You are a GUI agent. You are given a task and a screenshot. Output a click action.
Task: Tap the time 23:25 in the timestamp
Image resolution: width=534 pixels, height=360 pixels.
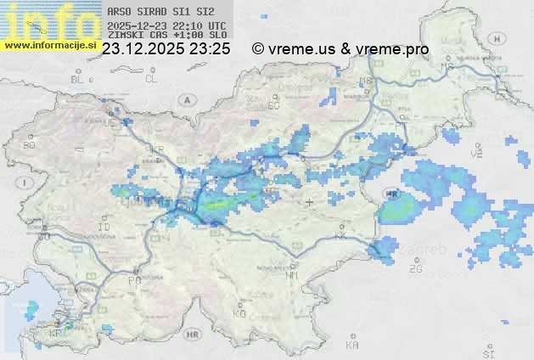[210, 49]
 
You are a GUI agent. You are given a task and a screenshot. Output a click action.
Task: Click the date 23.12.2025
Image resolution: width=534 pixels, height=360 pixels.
[143, 49]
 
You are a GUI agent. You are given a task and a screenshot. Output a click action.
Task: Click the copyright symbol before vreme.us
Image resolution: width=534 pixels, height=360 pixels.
[258, 49]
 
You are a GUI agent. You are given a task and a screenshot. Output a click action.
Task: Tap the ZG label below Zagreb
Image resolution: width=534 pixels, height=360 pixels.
[415, 269]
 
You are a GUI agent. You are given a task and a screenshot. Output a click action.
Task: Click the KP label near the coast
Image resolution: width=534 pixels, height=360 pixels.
[56, 334]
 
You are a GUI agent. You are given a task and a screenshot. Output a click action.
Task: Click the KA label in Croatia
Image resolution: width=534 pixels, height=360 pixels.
[352, 345]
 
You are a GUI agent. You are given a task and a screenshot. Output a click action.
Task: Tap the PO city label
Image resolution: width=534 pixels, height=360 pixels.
[134, 280]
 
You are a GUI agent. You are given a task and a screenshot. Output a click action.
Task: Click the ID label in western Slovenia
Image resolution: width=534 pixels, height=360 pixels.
[104, 228]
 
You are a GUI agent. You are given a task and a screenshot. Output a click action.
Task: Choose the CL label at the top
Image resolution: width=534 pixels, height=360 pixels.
[151, 79]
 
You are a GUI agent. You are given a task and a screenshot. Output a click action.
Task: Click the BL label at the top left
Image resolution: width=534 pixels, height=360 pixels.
[78, 79]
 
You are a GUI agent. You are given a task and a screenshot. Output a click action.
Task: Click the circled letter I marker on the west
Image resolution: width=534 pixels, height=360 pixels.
[26, 183]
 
